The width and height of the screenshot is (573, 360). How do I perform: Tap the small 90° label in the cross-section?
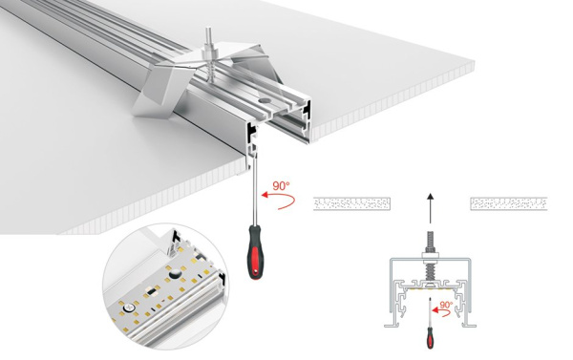pyautogui.click(x=447, y=307)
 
